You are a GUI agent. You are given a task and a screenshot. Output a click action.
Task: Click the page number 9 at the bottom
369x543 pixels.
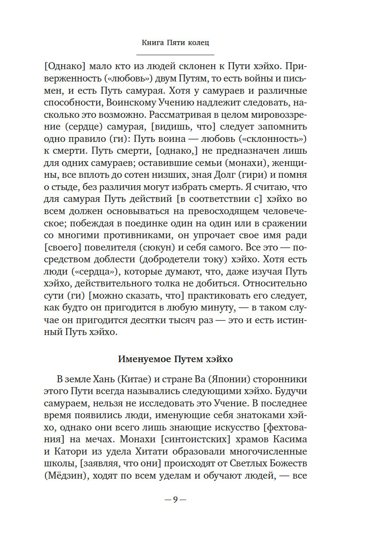coord(175,500)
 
